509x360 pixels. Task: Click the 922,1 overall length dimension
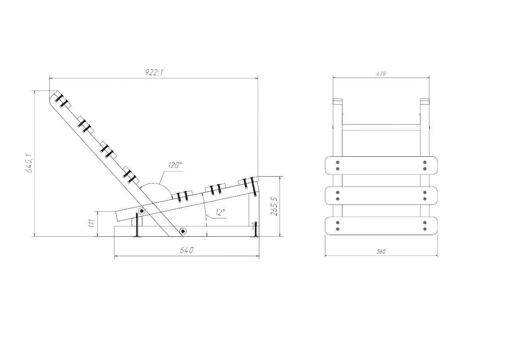pos(154,72)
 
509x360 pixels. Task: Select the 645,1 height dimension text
pos(30,163)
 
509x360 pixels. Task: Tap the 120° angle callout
pos(175,165)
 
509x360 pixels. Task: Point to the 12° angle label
pos(220,212)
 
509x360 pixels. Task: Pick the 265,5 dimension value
pos(274,206)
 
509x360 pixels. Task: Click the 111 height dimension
pos(91,224)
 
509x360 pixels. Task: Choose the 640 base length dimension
pos(187,250)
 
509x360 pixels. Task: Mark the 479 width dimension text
pos(381,74)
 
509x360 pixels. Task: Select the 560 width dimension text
pos(381,251)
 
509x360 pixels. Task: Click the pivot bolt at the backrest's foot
pos(183,232)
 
